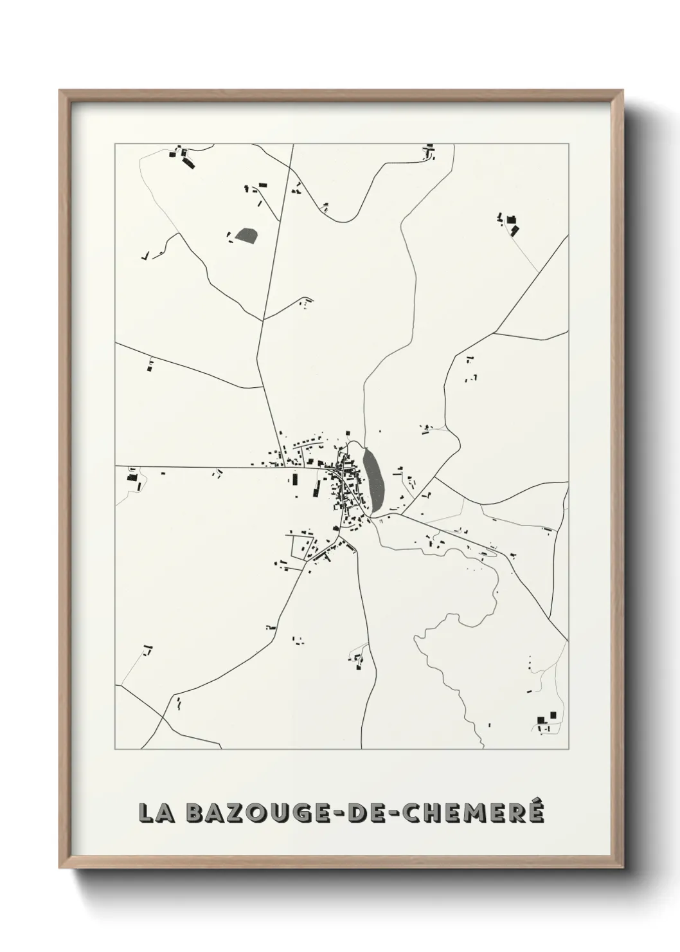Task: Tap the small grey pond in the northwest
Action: pos(246,235)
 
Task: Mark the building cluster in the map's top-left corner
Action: pos(182,156)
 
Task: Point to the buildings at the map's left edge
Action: pos(132,475)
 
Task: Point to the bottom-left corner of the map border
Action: pos(116,749)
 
